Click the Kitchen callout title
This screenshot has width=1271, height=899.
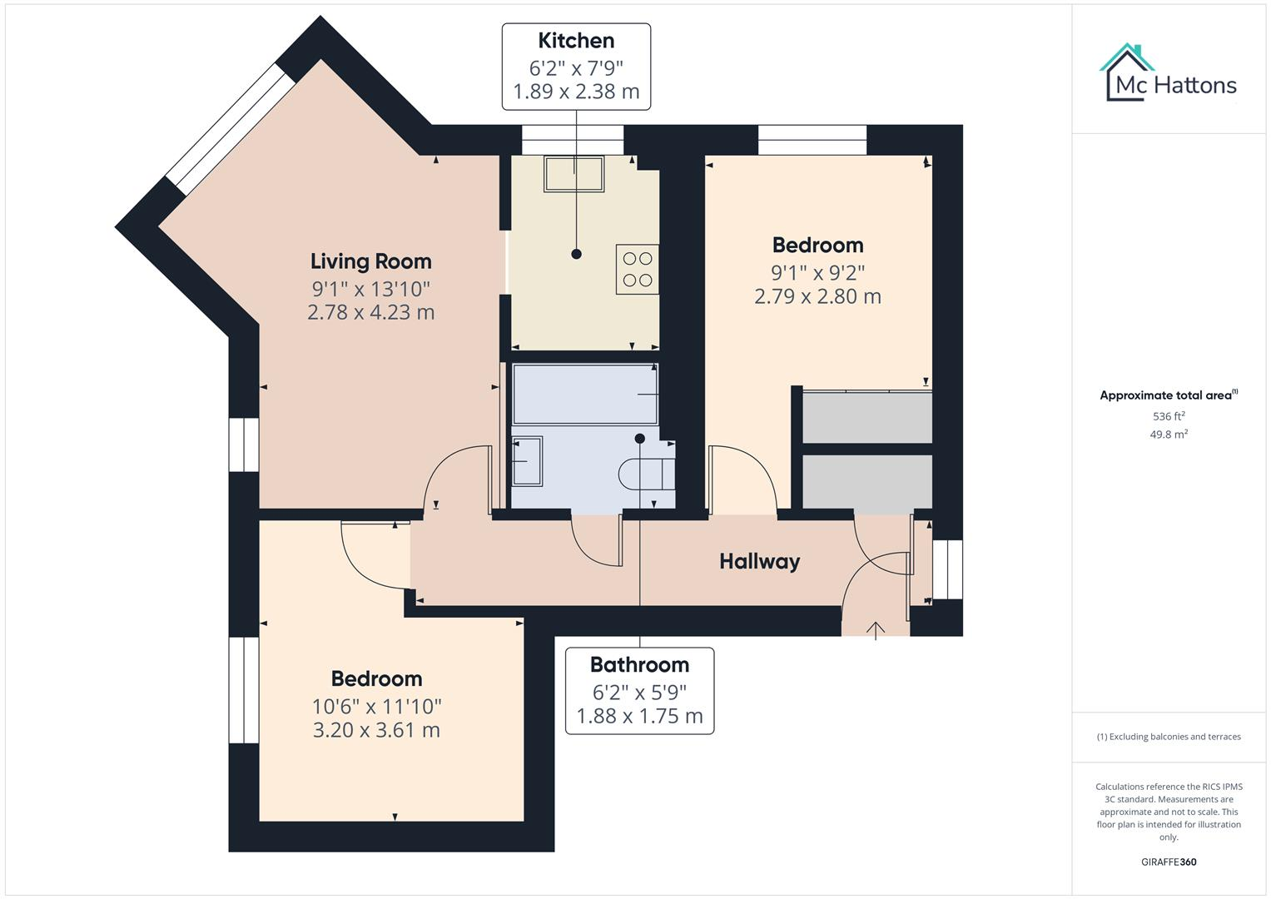(576, 41)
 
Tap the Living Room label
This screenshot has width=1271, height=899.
(371, 261)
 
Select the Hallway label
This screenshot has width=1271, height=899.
(759, 562)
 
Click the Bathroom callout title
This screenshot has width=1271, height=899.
(639, 665)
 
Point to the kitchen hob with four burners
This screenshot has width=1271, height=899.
(637, 269)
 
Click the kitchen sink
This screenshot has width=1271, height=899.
(574, 174)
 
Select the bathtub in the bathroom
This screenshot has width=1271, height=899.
(585, 395)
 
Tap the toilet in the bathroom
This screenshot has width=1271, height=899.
(645, 474)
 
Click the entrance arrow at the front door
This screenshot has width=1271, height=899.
(875, 630)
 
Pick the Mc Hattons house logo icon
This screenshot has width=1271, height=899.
(1127, 72)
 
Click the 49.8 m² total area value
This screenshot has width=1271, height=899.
(1168, 435)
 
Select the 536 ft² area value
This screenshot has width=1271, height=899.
(1168, 416)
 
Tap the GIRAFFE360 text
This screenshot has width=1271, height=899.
(1168, 862)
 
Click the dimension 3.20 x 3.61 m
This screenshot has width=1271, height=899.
(376, 730)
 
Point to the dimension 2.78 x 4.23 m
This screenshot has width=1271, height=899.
(371, 312)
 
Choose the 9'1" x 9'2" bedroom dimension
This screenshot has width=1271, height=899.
(817, 272)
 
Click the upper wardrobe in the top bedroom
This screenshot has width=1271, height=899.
(866, 418)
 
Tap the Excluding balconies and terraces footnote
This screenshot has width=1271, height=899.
(1168, 737)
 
